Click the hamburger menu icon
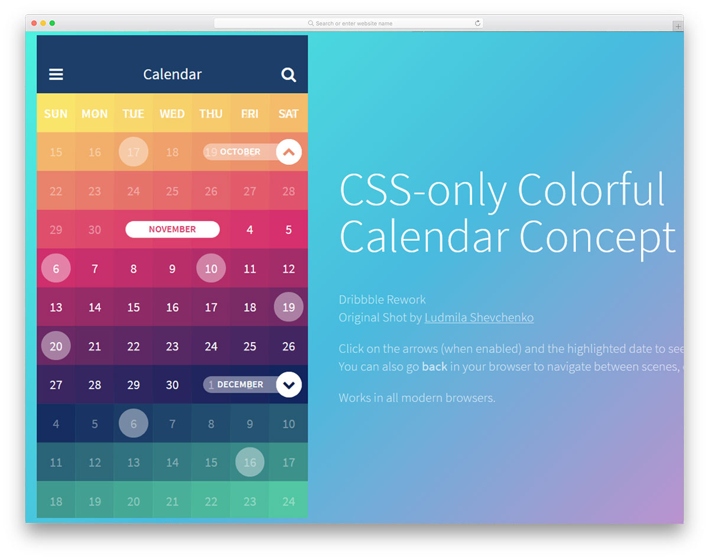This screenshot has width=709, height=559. point(56,74)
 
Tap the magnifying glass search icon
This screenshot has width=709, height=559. point(288,75)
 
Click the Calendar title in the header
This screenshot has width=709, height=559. point(173,74)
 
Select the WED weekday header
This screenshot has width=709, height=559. point(172,113)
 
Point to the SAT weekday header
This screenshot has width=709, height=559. point(288,113)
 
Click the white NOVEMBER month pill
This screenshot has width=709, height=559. point(173,229)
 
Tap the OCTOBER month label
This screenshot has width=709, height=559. point(240,152)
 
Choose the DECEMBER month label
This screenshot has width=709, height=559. point(240,385)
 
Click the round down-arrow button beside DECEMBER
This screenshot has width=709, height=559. point(288,385)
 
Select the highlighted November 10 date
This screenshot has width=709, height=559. point(211,268)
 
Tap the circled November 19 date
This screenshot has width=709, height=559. point(288,307)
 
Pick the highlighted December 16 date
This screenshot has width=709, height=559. point(250,462)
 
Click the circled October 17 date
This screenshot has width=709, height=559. point(134,152)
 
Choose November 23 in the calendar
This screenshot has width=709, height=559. point(172,346)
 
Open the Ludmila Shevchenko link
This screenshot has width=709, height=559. point(479,317)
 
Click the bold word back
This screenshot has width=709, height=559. point(434,366)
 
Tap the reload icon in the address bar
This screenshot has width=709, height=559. point(477,24)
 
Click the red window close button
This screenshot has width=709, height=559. point(34,23)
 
